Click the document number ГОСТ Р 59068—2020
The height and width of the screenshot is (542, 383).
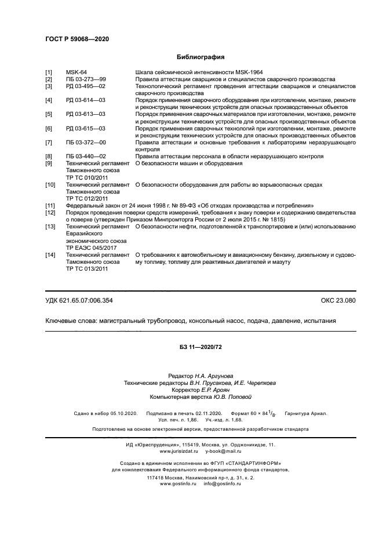[77, 39]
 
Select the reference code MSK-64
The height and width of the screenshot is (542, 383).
[76, 72]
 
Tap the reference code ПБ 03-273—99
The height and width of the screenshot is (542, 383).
[86, 79]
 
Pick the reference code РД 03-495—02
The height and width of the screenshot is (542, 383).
[86, 86]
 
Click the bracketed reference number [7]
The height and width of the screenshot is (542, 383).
[49, 143]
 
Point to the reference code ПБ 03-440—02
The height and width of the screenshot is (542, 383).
[86, 157]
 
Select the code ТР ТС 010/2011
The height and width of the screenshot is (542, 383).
[87, 177]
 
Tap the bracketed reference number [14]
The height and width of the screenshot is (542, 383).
[50, 255]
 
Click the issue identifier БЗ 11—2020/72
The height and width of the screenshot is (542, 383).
[192, 347]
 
